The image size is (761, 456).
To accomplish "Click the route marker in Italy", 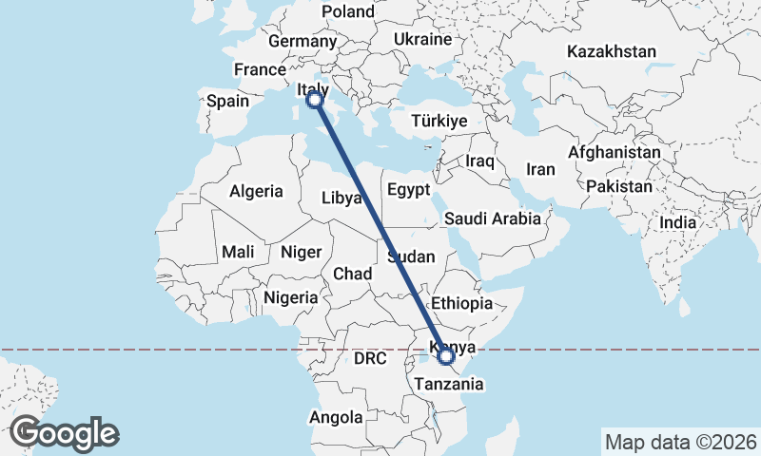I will tap(315, 100).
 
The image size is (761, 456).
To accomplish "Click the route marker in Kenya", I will tap(445, 356).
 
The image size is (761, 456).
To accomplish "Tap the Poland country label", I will tap(348, 11).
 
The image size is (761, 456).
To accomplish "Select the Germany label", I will tap(302, 42).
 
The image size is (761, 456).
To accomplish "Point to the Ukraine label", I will tap(422, 40).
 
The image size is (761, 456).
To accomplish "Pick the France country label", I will tap(260, 69).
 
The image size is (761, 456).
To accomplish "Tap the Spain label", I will tap(227, 101).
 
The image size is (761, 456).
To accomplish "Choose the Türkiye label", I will tap(439, 122).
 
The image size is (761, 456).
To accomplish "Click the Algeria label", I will tap(256, 191).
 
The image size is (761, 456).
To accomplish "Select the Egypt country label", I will tap(410, 190).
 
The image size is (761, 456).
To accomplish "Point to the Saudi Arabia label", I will tap(493, 218).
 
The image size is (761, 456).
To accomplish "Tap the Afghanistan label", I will tap(614, 152).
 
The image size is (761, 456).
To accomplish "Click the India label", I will tap(678, 222).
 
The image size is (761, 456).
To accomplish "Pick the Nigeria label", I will tap(290, 297).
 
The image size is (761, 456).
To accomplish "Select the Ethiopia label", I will tap(461, 304).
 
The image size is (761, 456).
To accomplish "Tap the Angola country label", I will tap(336, 417).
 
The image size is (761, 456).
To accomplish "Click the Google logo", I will tap(65, 433).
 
